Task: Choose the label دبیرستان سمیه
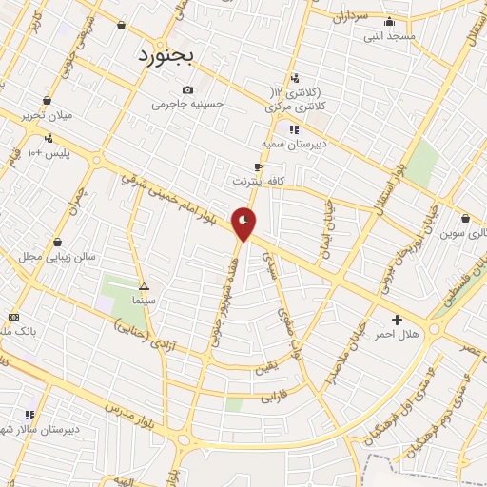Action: (294, 145)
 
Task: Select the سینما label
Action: (145, 300)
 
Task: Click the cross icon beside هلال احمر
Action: (397, 320)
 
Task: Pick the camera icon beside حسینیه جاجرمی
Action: (187, 90)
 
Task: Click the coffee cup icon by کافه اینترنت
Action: (259, 166)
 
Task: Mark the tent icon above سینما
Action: (145, 286)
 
